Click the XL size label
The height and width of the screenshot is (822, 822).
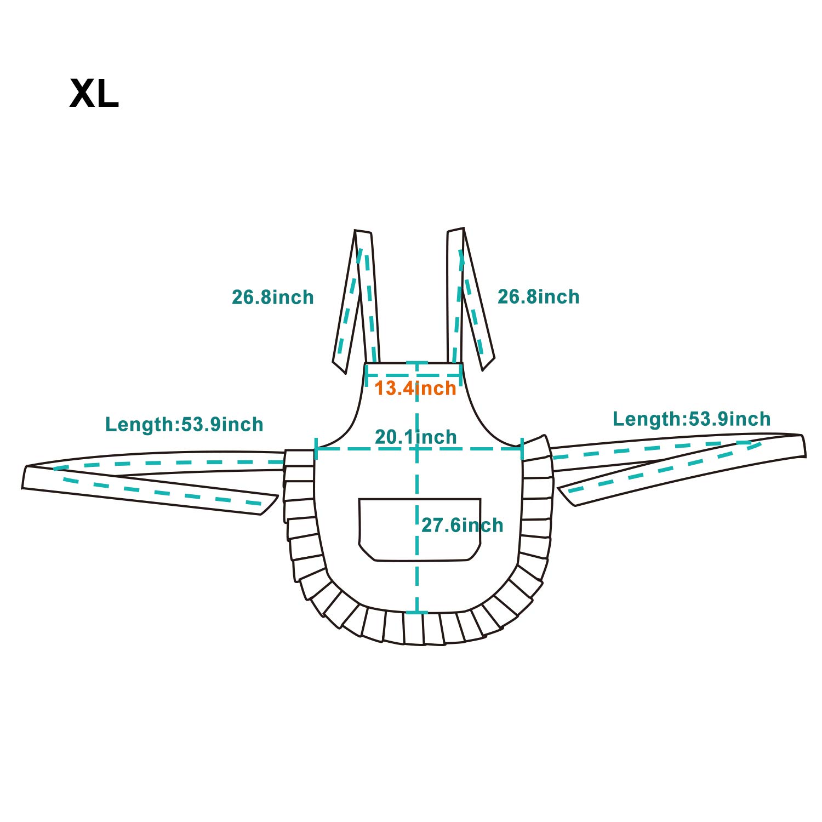coord(94,94)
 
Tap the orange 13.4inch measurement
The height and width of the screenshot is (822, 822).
coord(415,389)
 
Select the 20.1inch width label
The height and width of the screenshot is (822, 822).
coord(416,437)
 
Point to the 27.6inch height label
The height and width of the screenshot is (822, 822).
coord(463,526)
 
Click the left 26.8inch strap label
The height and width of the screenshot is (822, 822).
coord(273,298)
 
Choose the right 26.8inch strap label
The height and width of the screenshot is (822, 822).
coord(539,297)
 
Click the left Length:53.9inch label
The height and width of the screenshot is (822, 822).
coord(184,425)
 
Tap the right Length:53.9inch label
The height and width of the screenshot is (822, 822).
coord(692,419)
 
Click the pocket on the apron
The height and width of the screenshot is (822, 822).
coord(420,529)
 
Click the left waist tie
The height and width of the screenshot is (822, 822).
coord(153,482)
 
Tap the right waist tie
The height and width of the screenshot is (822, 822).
coord(680,466)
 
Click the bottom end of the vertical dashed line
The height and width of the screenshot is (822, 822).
coord(417,613)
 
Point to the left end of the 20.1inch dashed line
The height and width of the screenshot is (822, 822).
coord(316,449)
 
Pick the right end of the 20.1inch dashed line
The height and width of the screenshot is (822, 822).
coord(522,449)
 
